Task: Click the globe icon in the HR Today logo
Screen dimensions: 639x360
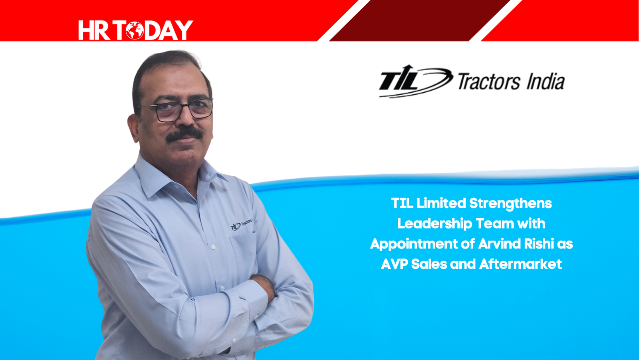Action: point(135,30)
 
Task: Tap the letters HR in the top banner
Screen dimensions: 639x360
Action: point(94,30)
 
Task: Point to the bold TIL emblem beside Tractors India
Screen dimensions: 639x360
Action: point(416,82)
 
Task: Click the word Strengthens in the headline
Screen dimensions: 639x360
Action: point(510,204)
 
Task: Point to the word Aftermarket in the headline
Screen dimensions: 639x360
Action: point(520,264)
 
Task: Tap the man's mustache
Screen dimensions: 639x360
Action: point(185,133)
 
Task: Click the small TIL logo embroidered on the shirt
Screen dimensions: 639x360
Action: point(241,225)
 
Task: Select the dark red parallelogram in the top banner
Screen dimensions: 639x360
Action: point(420,20)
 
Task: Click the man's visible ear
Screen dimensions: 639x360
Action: point(133,128)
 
